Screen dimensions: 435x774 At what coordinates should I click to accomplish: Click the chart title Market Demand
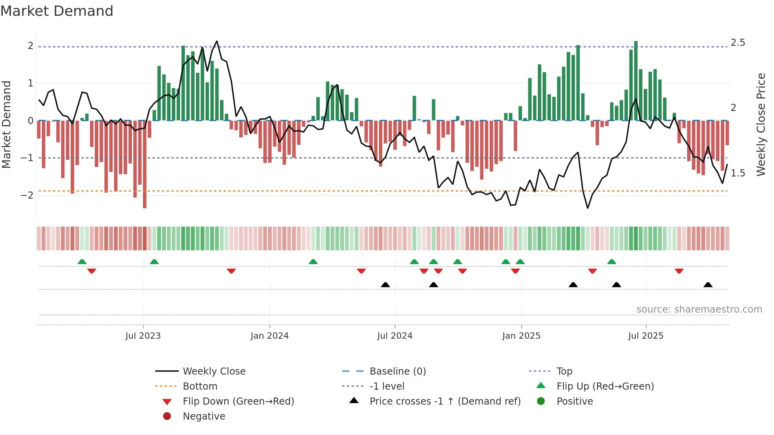(57, 11)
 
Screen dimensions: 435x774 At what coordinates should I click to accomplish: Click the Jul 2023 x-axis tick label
(143, 336)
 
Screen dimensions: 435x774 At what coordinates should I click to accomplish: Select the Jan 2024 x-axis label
(270, 336)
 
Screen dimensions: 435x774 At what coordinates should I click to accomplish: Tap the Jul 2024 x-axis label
(395, 336)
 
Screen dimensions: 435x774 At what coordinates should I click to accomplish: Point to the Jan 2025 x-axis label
(521, 336)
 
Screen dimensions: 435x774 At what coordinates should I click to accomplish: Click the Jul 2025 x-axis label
(646, 336)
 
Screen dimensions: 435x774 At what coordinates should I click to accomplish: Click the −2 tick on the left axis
(27, 195)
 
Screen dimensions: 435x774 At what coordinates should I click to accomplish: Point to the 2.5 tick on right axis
(738, 43)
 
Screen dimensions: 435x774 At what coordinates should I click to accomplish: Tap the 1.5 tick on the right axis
(738, 173)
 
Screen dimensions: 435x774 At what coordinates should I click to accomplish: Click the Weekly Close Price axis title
(761, 124)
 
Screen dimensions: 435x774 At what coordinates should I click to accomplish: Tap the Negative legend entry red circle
(167, 416)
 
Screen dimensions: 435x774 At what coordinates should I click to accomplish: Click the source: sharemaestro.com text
(699, 309)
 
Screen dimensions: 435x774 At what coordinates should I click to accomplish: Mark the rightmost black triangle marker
(708, 285)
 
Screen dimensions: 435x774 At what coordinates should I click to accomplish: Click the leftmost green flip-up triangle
(82, 262)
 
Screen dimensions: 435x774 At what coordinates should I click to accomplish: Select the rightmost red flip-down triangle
(679, 271)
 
